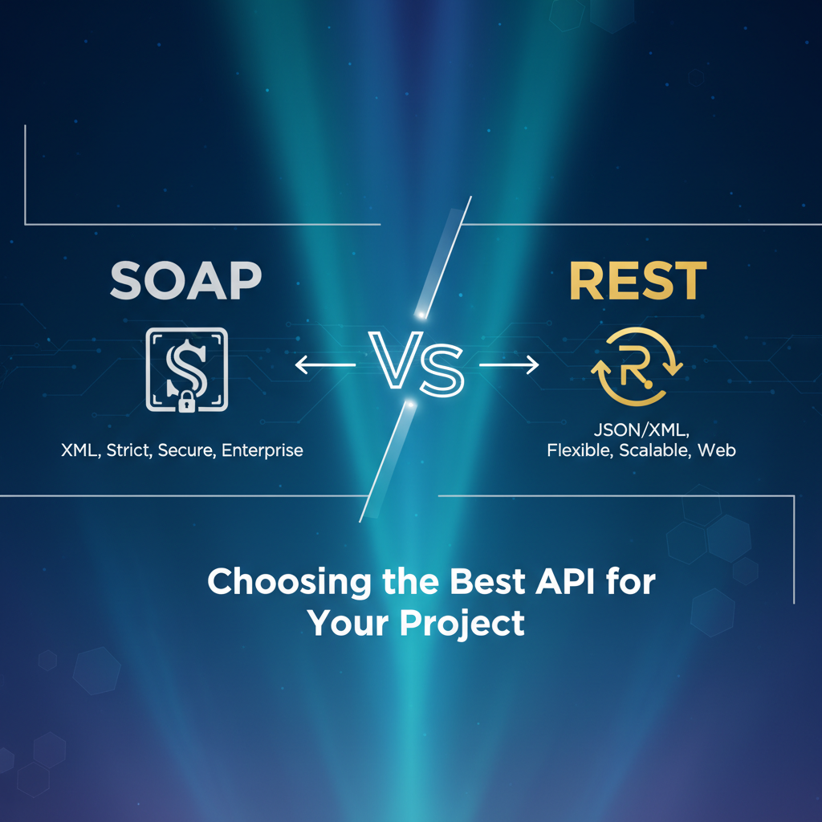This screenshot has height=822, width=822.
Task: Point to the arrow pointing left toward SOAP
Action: (325, 365)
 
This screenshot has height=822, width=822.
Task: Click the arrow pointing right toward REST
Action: (509, 365)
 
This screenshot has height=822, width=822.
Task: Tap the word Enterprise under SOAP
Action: (262, 450)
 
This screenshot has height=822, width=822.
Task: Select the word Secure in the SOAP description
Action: (188, 450)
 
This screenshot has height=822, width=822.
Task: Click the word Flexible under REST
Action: (580, 450)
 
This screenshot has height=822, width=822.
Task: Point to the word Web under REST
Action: (717, 450)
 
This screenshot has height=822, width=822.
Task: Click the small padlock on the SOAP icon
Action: (187, 402)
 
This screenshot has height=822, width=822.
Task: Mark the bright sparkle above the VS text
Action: (417, 309)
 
